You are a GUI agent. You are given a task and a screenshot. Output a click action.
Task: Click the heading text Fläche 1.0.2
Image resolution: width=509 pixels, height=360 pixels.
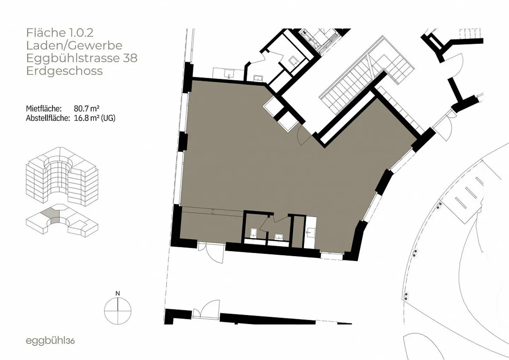click(x=60, y=33)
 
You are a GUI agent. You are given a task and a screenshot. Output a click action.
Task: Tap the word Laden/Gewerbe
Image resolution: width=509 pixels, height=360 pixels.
click(x=74, y=46)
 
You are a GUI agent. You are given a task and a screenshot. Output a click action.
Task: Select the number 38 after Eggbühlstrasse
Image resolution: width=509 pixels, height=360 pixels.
click(x=130, y=58)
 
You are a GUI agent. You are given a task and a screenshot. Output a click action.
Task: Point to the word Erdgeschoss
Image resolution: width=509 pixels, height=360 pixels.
click(x=65, y=71)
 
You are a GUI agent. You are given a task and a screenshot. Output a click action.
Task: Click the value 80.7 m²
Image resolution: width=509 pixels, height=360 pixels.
click(x=87, y=108)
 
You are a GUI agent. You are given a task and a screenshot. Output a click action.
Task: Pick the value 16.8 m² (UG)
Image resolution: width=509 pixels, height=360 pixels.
click(x=94, y=118)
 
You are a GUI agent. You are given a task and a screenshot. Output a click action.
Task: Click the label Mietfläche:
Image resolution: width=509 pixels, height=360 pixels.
click(x=44, y=108)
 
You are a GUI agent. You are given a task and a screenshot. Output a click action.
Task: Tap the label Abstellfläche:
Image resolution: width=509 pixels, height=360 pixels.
click(x=48, y=118)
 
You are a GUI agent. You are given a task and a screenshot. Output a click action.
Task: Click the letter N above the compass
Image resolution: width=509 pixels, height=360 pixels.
click(x=118, y=294)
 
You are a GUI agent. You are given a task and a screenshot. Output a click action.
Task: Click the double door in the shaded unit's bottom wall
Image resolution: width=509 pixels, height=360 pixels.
click(x=211, y=252)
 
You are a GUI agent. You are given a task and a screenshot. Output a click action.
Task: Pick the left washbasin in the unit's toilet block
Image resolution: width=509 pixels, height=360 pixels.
click(x=253, y=233)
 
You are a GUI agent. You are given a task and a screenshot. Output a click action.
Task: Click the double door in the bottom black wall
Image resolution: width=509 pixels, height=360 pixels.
click(x=206, y=309)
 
